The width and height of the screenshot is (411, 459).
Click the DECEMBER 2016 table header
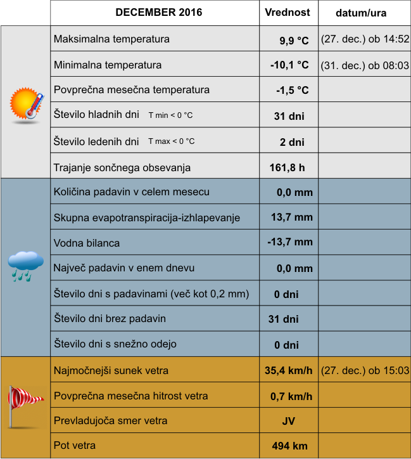click(155, 12)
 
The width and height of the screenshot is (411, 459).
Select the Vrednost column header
click(287, 12)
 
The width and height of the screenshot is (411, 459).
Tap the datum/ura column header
click(364, 13)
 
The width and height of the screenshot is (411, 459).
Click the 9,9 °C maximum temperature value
click(294, 41)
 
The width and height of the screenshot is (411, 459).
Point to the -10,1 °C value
click(289, 65)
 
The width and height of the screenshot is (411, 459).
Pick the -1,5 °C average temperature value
click(292, 90)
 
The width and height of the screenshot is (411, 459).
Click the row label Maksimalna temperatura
click(111, 39)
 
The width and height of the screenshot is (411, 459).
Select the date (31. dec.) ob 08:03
click(365, 65)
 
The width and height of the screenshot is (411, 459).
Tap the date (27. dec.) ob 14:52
click(365, 39)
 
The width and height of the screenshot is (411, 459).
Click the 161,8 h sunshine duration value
click(288, 168)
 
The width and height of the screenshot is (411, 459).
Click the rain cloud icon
click(26, 265)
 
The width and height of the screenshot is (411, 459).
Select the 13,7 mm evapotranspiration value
click(292, 217)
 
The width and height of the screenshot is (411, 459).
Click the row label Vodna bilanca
click(87, 243)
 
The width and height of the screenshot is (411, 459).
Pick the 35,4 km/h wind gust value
click(288, 371)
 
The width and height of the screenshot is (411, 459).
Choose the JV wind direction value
click(289, 421)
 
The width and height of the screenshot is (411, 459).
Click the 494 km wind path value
click(289, 446)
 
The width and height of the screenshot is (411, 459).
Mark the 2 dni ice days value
click(292, 142)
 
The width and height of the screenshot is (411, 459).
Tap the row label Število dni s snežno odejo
click(115, 344)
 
